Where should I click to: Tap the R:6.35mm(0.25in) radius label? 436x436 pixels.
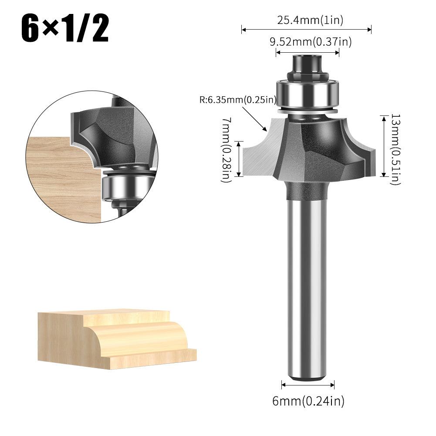(238, 99)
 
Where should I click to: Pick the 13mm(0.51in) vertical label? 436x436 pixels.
(395, 149)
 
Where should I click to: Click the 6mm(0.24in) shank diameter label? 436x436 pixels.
(308, 401)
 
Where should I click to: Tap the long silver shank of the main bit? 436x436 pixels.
(307, 283)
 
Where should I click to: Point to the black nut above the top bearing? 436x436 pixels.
(307, 65)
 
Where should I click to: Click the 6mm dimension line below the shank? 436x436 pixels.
(308, 385)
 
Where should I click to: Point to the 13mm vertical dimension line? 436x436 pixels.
(384, 146)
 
